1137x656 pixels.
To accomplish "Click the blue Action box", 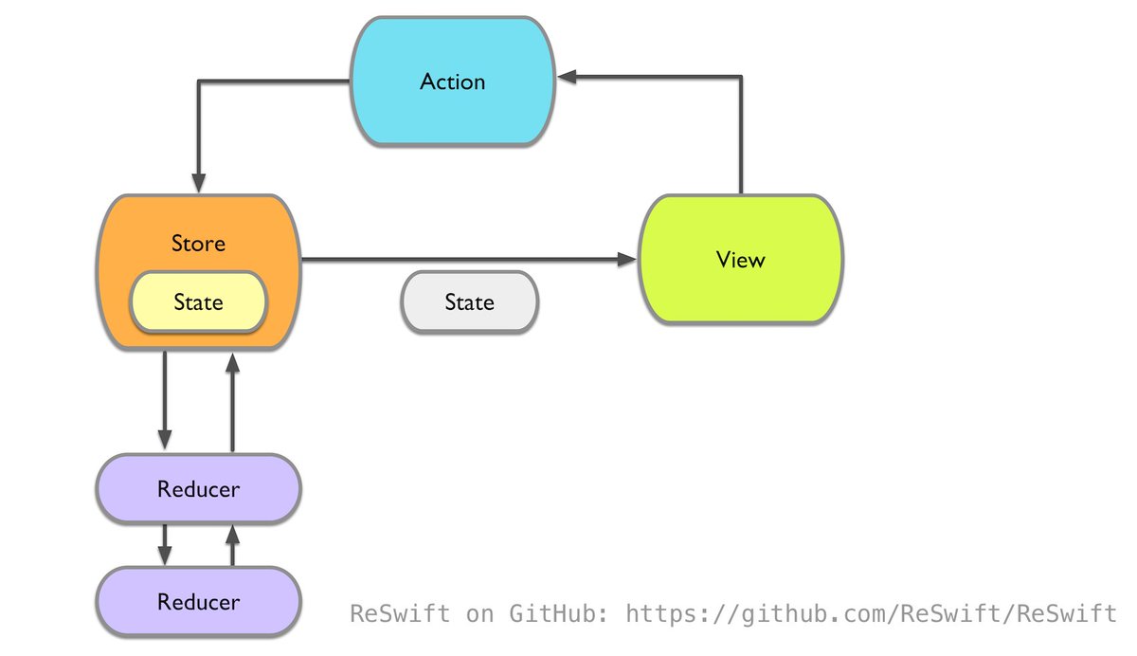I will (x=453, y=82).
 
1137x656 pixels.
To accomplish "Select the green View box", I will (x=740, y=259).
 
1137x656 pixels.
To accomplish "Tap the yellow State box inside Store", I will (x=198, y=302).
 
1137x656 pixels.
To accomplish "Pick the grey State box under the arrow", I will (x=470, y=302).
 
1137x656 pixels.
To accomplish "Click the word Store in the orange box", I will (x=198, y=244).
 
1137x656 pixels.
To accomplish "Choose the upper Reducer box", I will (x=198, y=489).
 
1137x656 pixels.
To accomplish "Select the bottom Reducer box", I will (x=198, y=602).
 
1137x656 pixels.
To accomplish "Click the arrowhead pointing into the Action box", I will (x=567, y=78).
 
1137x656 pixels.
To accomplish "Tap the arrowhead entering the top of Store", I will (x=199, y=182).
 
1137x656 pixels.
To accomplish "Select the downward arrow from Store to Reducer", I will (x=165, y=398).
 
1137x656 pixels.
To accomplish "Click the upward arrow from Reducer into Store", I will (x=232, y=398).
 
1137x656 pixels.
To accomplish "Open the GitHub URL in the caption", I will (x=872, y=613).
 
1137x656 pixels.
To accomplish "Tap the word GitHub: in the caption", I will (x=559, y=613).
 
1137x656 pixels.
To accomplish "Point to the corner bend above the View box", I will (x=741, y=78).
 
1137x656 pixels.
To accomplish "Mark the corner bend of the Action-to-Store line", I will (x=199, y=82).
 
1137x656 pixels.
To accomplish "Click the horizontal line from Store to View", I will (x=464, y=259).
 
